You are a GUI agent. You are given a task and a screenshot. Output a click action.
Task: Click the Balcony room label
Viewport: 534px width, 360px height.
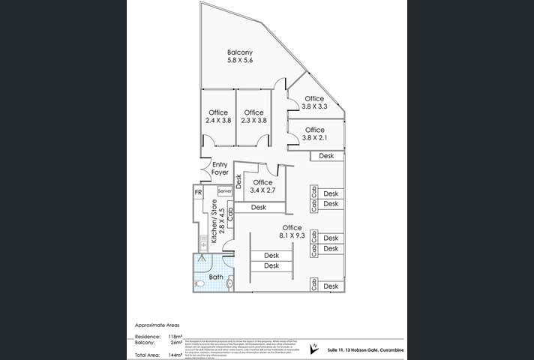pyautogui.click(x=240, y=56)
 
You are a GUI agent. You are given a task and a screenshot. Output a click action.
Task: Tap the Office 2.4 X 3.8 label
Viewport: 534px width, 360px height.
pyautogui.click(x=217, y=116)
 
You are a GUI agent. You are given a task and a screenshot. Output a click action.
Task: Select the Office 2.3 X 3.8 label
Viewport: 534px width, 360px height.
pyautogui.click(x=254, y=116)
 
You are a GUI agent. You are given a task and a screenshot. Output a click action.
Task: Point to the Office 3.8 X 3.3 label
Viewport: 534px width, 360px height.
pyautogui.click(x=314, y=103)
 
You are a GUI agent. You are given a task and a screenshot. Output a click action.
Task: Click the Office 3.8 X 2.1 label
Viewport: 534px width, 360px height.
pyautogui.click(x=314, y=133)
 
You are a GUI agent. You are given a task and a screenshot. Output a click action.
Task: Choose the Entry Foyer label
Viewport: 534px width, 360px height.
pyautogui.click(x=220, y=169)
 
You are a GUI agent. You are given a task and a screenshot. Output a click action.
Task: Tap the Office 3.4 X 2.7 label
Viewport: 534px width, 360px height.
pyautogui.click(x=262, y=187)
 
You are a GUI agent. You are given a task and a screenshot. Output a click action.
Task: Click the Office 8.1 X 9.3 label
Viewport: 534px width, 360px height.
pyautogui.click(x=292, y=232)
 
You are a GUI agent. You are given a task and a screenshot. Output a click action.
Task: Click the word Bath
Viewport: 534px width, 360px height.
pyautogui.click(x=216, y=277)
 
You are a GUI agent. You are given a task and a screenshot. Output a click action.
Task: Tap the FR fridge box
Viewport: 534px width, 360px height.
pyautogui.click(x=198, y=193)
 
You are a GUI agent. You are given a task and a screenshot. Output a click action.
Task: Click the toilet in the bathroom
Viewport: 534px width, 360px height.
pyautogui.click(x=199, y=284)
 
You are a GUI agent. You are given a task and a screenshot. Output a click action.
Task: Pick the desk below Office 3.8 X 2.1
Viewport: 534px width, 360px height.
pyautogui.click(x=326, y=156)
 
